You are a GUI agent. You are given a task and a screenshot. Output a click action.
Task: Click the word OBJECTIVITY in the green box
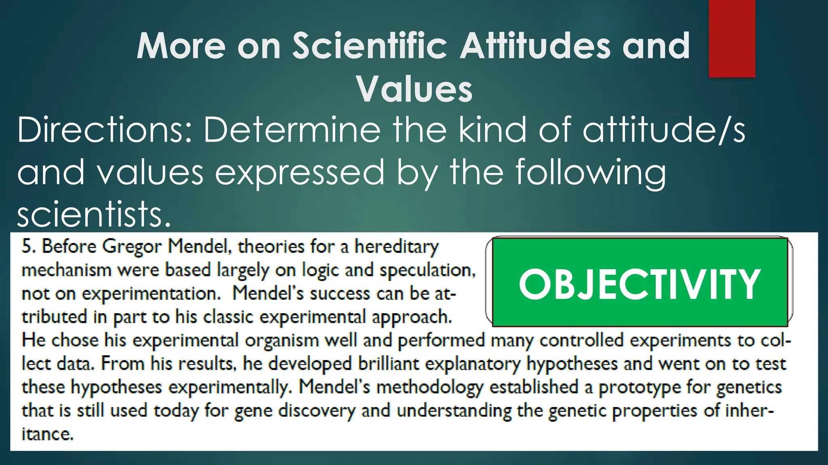point(640,284)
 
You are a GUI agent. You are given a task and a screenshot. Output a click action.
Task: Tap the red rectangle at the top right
point(732,38)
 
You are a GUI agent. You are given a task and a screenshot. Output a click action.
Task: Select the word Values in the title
point(414,89)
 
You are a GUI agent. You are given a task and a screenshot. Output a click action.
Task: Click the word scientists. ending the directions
point(94,214)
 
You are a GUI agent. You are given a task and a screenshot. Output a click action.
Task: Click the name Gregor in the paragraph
point(131,247)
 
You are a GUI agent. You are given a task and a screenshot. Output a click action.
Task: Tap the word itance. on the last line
point(47,434)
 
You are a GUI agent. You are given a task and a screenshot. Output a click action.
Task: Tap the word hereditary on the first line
point(397,247)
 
